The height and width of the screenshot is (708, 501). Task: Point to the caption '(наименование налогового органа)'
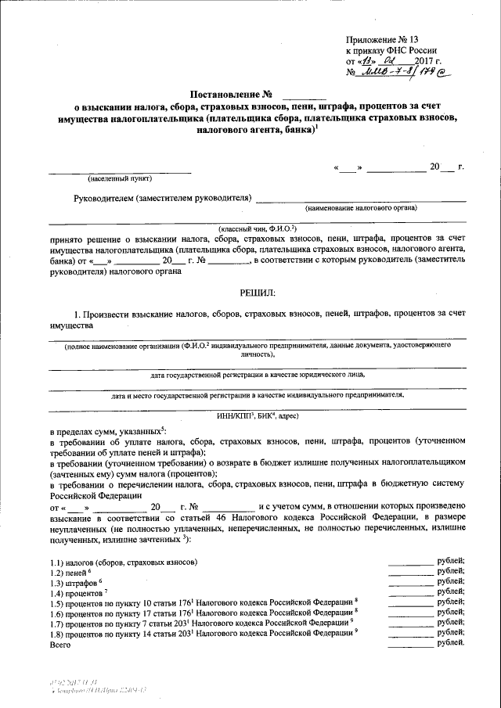pyautogui.click(x=361, y=208)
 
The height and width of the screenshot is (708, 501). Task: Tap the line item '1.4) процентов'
pyautogui.click(x=79, y=594)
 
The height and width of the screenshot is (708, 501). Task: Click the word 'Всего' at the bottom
pyautogui.click(x=60, y=644)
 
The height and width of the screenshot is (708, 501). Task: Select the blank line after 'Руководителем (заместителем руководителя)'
pyautogui.click(x=360, y=199)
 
